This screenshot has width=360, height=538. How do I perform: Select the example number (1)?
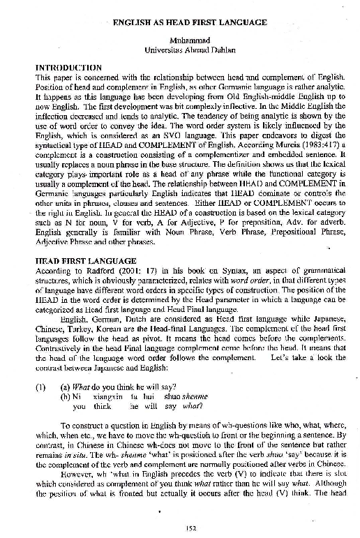pos(41,384)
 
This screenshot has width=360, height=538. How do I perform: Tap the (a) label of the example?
pos(66,384)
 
